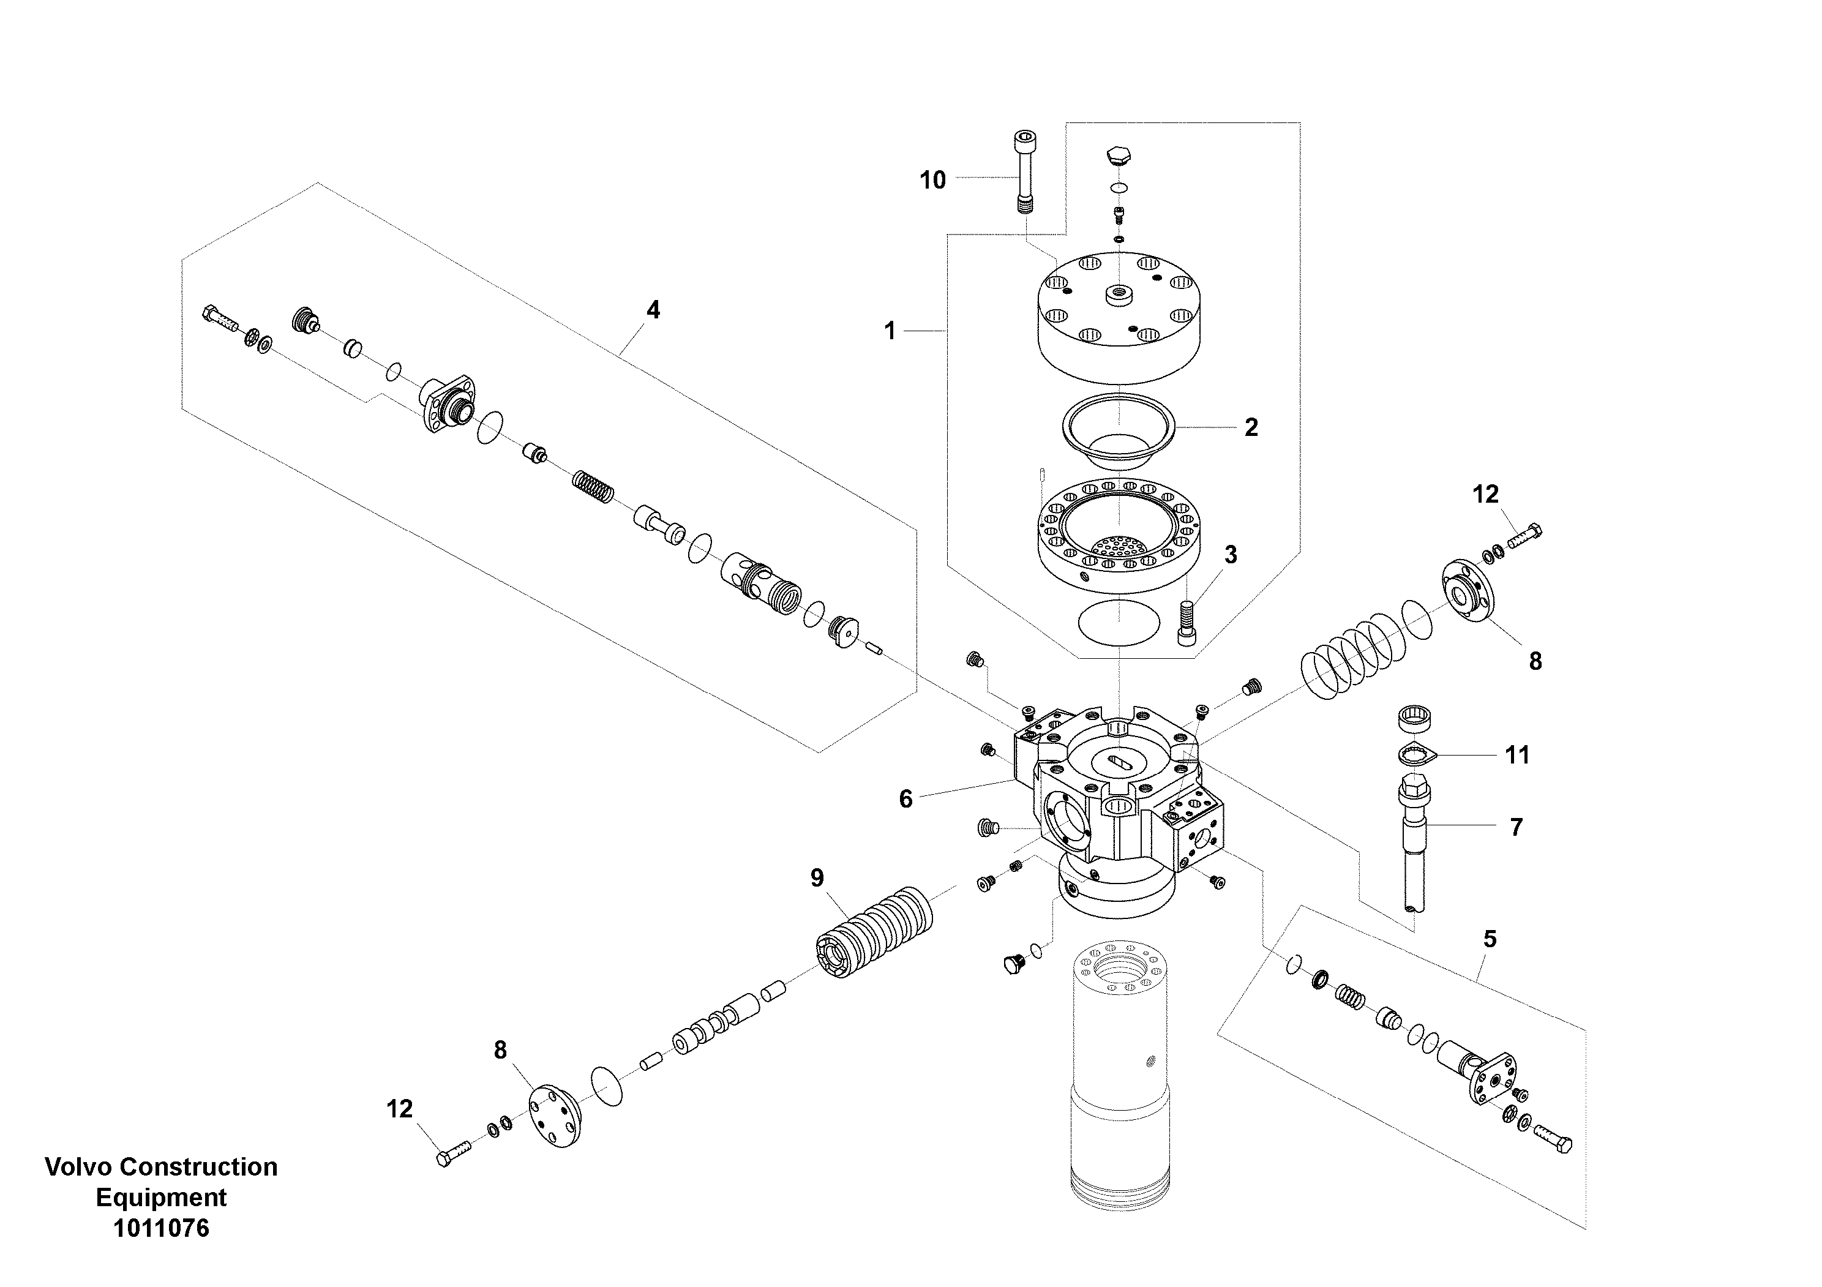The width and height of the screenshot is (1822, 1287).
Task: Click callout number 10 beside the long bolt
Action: pos(932,180)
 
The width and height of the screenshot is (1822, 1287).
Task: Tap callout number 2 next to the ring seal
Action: pos(1251,428)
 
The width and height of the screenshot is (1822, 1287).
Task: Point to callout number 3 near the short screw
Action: pos(1230,555)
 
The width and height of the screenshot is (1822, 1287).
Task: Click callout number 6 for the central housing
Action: pos(905,799)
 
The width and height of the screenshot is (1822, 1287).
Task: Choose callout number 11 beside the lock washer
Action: pos(1516,754)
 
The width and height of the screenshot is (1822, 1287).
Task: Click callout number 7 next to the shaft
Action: pos(1516,828)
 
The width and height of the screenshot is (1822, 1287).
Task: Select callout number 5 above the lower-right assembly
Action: pos(1490,939)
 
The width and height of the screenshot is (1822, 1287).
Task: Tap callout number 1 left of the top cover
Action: pos(890,331)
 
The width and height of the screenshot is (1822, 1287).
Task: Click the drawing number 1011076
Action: pos(161,1228)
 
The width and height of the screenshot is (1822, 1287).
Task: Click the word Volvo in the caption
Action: pos(73,1166)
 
